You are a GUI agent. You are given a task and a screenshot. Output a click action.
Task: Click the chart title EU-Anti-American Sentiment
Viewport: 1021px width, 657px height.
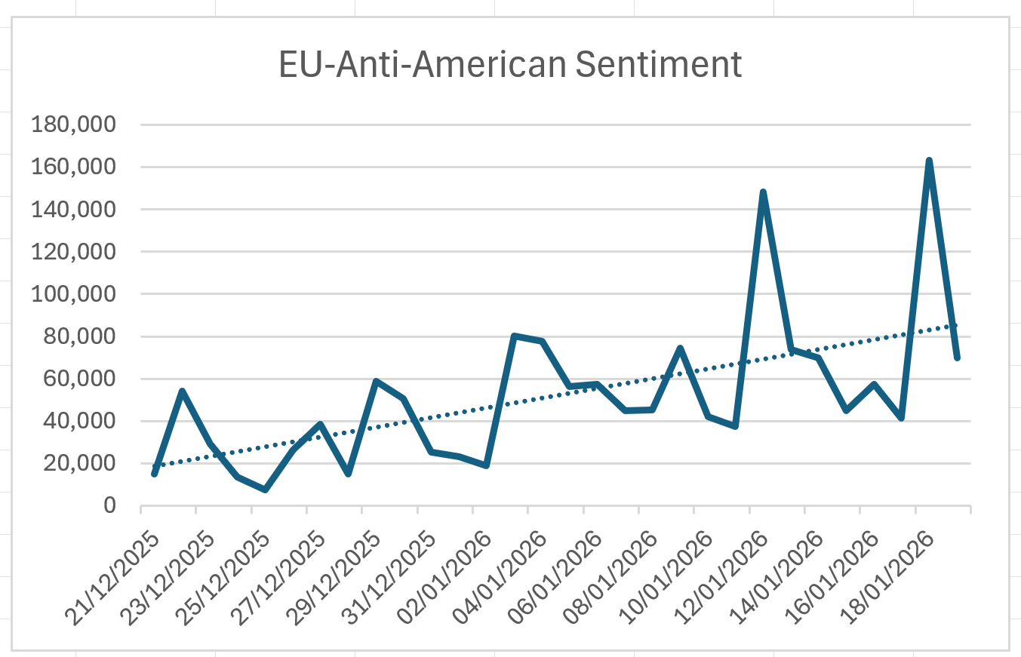click(510, 65)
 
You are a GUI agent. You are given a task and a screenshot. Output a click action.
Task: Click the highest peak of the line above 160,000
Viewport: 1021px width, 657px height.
click(929, 161)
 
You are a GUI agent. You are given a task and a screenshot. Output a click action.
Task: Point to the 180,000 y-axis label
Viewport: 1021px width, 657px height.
click(72, 124)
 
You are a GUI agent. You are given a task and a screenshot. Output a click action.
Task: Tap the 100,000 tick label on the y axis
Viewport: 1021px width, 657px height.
click(72, 293)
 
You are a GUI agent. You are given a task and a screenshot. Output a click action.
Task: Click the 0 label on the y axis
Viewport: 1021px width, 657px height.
click(109, 505)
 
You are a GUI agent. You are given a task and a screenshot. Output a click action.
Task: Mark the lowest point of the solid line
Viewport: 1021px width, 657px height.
click(265, 490)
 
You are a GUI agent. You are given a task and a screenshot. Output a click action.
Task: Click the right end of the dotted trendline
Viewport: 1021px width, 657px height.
click(957, 325)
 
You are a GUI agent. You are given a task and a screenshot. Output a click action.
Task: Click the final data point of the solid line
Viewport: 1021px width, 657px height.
click(957, 358)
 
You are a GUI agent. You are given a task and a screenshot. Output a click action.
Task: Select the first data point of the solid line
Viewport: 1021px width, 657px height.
click(154, 474)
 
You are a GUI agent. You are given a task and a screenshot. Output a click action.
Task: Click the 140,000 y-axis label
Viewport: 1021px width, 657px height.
click(72, 209)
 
